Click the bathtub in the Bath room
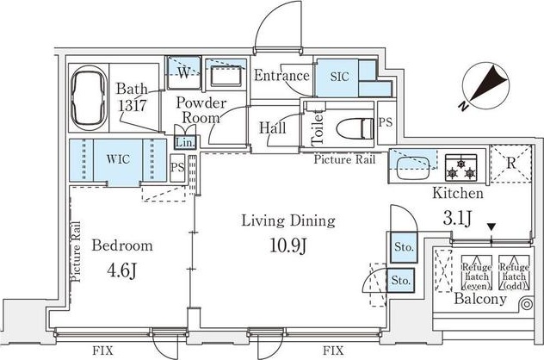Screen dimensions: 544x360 click(x=88, y=97)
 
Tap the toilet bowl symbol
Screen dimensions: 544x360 click(x=355, y=128)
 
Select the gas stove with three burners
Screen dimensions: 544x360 click(x=461, y=168)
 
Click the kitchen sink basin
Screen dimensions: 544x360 click(x=413, y=168)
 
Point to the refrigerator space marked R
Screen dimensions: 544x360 click(x=510, y=164)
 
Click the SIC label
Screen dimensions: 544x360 click(x=339, y=77)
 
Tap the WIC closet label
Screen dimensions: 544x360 click(x=118, y=159)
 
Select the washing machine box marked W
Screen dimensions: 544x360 click(x=184, y=72)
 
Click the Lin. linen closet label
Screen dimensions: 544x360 click(x=185, y=142)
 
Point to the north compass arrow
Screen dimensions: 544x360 click(x=485, y=86)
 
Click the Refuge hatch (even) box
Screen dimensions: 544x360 click(x=477, y=273)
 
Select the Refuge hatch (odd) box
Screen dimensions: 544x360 click(x=514, y=273)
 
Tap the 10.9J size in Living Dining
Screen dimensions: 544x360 click(x=288, y=245)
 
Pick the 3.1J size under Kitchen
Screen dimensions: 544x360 click(x=457, y=218)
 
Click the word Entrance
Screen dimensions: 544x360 click(x=281, y=75)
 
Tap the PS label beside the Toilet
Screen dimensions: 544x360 click(x=385, y=122)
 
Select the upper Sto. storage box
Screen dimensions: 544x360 click(x=404, y=247)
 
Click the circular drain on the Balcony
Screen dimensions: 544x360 click(x=527, y=305)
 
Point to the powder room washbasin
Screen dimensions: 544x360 click(x=226, y=75)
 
